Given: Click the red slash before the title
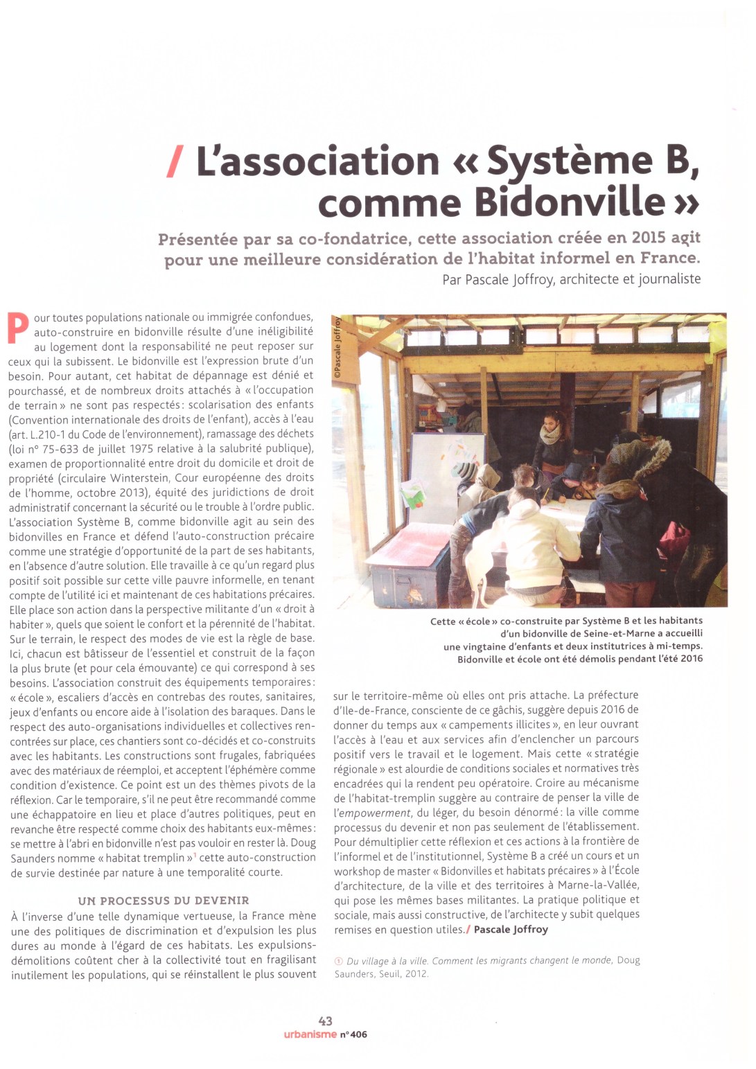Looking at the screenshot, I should [175, 161].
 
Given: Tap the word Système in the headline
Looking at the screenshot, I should [569, 161].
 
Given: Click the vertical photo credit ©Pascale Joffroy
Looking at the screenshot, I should [337, 347].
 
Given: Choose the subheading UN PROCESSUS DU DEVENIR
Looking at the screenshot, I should [164, 901].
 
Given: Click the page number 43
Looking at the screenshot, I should [325, 1021].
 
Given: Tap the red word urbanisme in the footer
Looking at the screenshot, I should [310, 1034].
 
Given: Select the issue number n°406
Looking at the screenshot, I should [353, 1034].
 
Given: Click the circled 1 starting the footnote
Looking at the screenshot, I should [338, 961].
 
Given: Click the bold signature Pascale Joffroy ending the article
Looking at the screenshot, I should [511, 929].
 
